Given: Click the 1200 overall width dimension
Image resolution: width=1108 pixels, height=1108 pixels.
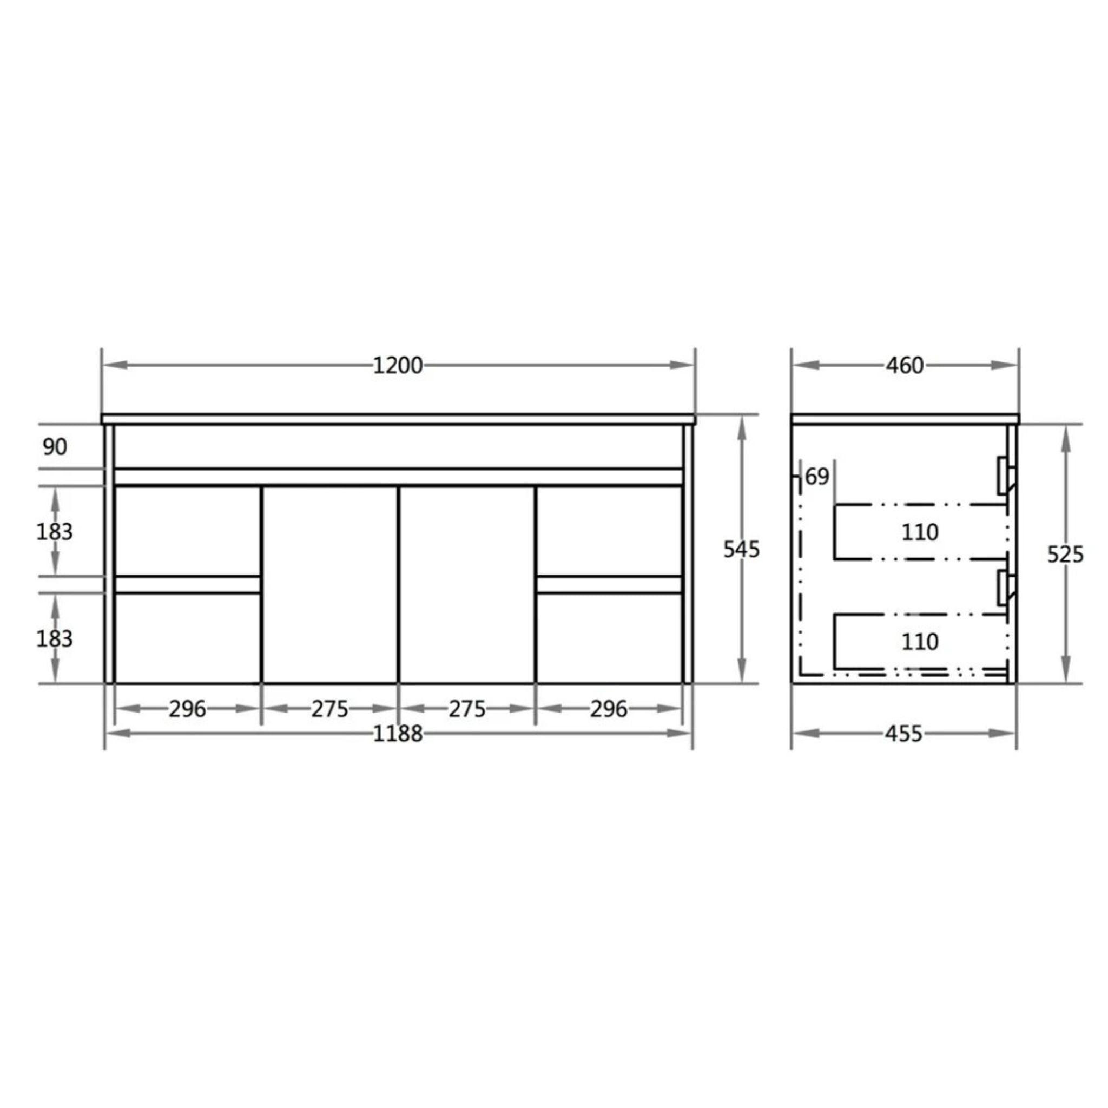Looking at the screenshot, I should (398, 365).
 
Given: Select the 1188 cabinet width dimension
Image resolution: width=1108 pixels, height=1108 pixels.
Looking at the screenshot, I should (398, 734).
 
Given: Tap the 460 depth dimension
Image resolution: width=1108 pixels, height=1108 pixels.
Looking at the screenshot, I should (905, 365).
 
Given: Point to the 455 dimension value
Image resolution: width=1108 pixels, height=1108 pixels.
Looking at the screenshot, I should (903, 734).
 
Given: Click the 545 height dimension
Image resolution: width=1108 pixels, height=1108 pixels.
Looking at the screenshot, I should (741, 550).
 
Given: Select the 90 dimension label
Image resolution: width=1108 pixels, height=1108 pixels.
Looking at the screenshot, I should (55, 447).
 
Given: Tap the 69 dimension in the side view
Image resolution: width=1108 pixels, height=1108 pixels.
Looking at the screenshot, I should (817, 476).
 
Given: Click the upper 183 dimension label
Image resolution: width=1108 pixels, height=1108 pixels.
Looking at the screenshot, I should (55, 532).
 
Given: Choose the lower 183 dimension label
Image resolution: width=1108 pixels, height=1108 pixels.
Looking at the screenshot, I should (55, 638).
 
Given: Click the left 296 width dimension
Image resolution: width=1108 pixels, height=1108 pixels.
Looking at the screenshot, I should (187, 709).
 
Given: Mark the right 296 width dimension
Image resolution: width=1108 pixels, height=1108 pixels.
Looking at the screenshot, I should (609, 709).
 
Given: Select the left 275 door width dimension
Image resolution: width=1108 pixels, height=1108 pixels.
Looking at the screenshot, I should (330, 709).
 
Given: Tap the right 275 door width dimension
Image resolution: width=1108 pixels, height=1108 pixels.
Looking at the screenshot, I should (467, 709).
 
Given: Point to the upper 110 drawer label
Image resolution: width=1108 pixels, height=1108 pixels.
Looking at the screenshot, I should (920, 532).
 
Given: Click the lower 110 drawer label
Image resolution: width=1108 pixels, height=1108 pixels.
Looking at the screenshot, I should (920, 641).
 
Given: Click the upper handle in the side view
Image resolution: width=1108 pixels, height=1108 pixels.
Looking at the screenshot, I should (1005, 474).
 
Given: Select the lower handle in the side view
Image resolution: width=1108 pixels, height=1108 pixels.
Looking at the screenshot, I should (1005, 587).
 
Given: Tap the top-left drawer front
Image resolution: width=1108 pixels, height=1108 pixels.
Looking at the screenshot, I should (188, 531).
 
